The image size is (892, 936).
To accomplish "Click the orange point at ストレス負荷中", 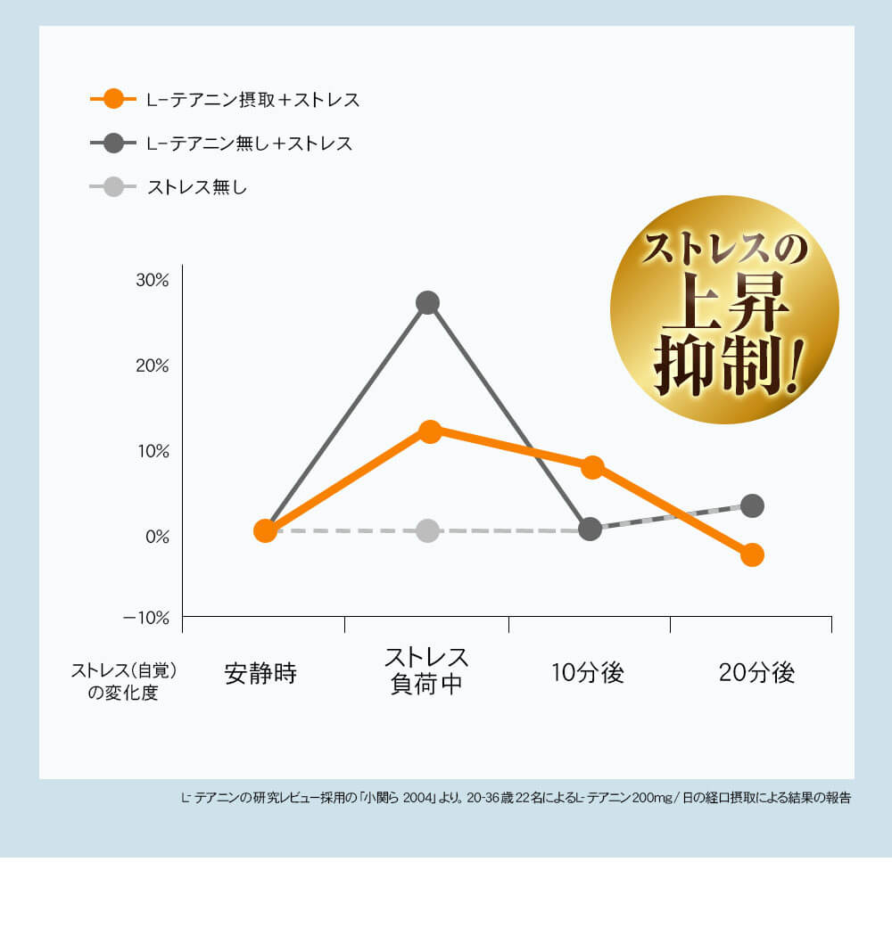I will click(x=430, y=431).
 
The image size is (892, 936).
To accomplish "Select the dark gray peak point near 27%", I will click(x=427, y=302).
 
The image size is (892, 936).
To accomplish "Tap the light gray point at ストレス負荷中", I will click(x=427, y=530).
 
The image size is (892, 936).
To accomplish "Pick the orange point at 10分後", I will click(x=592, y=467).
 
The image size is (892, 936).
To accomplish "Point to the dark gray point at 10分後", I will click(x=590, y=529).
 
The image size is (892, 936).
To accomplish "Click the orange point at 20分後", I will click(x=752, y=554).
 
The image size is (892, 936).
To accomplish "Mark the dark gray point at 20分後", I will click(x=752, y=505).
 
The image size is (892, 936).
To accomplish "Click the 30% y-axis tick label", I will click(x=152, y=280).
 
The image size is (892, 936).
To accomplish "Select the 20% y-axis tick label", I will click(x=152, y=365).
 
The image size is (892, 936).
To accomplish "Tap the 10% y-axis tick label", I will click(x=152, y=451).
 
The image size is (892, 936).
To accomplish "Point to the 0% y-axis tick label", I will click(x=156, y=537).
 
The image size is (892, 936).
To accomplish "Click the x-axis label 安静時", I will click(x=260, y=673).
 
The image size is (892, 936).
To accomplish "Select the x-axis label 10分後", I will click(x=588, y=673).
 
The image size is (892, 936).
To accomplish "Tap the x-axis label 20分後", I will click(x=756, y=673).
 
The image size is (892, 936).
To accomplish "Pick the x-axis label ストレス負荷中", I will click(x=426, y=671).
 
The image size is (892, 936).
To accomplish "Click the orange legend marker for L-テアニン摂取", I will click(x=113, y=99).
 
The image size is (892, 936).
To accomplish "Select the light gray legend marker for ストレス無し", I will click(x=113, y=187).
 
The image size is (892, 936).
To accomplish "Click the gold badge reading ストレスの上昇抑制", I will click(x=724, y=309).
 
